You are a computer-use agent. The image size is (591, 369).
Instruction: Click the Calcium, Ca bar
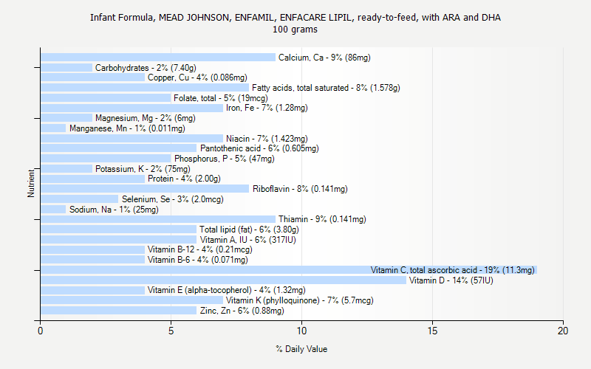click(x=157, y=58)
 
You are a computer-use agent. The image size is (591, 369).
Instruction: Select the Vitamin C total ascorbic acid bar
click(x=288, y=270)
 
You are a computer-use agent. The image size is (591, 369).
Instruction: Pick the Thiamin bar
click(x=157, y=219)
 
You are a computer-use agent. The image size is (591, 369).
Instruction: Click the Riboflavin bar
click(x=145, y=189)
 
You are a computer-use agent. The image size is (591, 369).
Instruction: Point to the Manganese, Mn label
click(x=116, y=128)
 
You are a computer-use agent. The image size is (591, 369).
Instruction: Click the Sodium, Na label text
click(x=114, y=210)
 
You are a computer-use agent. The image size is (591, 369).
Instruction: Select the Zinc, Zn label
click(x=242, y=311)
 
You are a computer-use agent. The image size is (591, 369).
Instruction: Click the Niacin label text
click(x=267, y=139)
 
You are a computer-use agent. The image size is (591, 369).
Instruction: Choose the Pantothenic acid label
click(x=259, y=148)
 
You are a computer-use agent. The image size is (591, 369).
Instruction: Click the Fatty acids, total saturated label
click(x=326, y=88)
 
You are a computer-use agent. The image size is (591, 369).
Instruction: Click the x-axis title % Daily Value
click(x=301, y=349)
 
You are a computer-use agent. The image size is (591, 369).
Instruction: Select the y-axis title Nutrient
click(x=31, y=183)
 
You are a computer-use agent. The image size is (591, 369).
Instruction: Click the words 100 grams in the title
click(x=295, y=30)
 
